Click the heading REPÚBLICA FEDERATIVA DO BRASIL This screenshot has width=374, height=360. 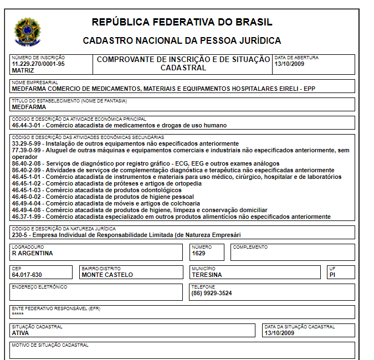point(182,22)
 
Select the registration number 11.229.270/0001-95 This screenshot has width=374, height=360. point(38,64)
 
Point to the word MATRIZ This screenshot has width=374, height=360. point(23,70)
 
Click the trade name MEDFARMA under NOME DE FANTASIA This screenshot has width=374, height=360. point(29,107)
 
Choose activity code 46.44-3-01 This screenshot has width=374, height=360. point(28,125)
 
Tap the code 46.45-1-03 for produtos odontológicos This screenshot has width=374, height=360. point(28,190)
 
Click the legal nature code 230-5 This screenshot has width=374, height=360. point(21,235)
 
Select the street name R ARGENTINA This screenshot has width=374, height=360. point(32,253)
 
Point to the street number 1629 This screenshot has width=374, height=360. point(198,253)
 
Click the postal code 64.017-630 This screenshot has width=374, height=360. point(27,275)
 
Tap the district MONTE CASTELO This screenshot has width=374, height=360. point(107,275)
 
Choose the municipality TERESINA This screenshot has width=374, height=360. point(207,275)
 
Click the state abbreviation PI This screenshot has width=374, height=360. point(332,275)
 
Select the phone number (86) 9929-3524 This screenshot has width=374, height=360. point(212,293)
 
